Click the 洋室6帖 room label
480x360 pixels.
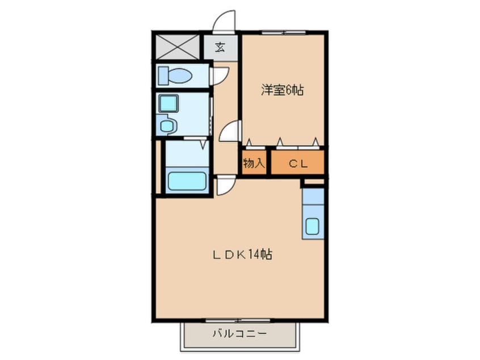pyautogui.click(x=282, y=90)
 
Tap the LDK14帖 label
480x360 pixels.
pyautogui.click(x=242, y=255)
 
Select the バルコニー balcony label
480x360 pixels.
pyautogui.click(x=239, y=333)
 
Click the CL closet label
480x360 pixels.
pyautogui.click(x=298, y=164)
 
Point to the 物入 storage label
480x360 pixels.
pyautogui.click(x=253, y=164)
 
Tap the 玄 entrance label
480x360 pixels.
pyautogui.click(x=220, y=48)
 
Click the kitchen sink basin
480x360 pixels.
pyautogui.click(x=313, y=226)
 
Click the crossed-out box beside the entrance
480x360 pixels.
pyautogui.click(x=177, y=47)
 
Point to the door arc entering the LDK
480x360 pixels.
pyautogui.click(x=225, y=185)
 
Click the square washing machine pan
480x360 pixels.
pyautogui.click(x=168, y=103)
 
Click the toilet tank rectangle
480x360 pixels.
pyautogui.click(x=163, y=76)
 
